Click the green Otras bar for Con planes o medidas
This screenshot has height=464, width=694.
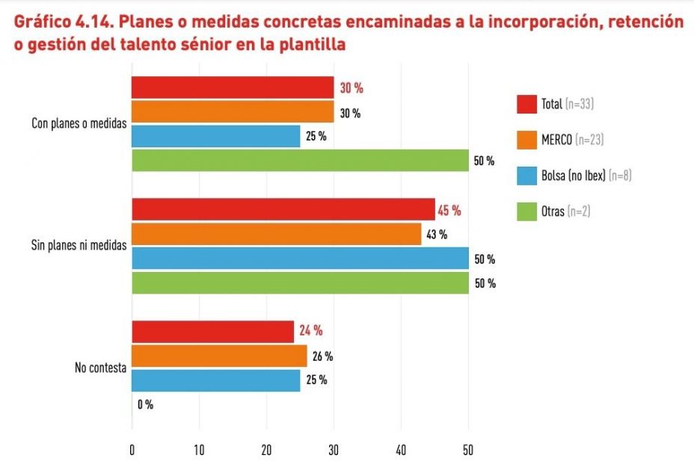(300, 161)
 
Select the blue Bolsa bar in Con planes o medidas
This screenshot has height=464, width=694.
(216, 136)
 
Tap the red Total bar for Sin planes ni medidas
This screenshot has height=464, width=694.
(283, 210)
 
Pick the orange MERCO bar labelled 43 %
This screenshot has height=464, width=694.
(276, 235)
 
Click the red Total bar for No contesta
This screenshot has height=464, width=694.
(213, 331)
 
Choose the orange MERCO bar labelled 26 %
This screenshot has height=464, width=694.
(219, 356)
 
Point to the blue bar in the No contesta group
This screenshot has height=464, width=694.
(216, 380)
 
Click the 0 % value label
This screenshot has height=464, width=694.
(145, 404)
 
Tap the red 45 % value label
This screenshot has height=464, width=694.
(449, 210)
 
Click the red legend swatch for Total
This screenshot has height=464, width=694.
(527, 104)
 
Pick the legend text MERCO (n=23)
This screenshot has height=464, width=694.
(573, 140)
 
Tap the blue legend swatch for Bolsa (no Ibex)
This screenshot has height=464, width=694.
(527, 176)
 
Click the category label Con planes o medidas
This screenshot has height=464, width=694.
(79, 123)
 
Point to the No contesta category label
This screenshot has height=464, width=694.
(99, 367)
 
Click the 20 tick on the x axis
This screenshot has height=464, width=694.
(266, 451)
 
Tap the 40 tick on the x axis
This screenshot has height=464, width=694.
(401, 451)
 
